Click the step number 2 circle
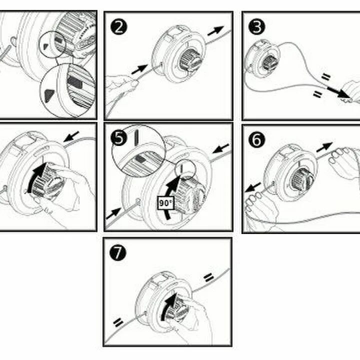pos(118,27)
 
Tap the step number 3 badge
pos(256,27)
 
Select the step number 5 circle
pos(118,138)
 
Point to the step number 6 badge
pos(256,139)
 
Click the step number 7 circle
pos(118,252)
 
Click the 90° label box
pos(166,203)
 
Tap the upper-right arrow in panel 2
pos(215,31)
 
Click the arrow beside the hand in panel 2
pos(139,69)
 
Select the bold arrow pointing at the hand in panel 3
pos(337,92)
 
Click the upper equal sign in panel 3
pos(326,76)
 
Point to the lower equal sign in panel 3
pos(317,93)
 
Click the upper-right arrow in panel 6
pos(324,147)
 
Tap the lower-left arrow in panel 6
pos(253,187)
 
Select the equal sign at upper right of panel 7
pos(208,277)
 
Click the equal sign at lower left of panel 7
pos(118,322)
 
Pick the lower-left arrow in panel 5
pos(114,213)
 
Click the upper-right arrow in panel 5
pos(221,148)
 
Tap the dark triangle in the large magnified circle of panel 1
pos(49,95)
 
